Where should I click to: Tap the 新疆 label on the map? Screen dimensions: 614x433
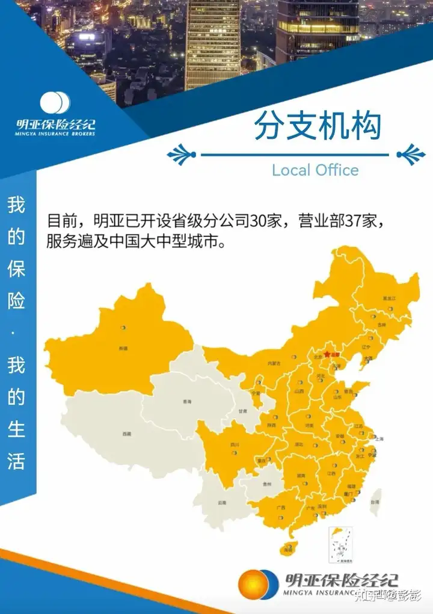click(123, 348)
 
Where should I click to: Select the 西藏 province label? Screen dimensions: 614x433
click(126, 434)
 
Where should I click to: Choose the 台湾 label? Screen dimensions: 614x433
click(375, 501)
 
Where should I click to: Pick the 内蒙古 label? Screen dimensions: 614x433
click(274, 363)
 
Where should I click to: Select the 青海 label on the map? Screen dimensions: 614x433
click(187, 401)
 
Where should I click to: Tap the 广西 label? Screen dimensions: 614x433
click(281, 508)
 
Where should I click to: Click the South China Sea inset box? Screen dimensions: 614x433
click(341, 544)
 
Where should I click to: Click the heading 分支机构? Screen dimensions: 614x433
click(318, 126)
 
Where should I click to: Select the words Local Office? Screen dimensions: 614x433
click(315, 170)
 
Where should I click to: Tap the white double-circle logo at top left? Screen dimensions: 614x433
click(55, 103)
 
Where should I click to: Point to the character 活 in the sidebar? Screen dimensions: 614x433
click(16, 461)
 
